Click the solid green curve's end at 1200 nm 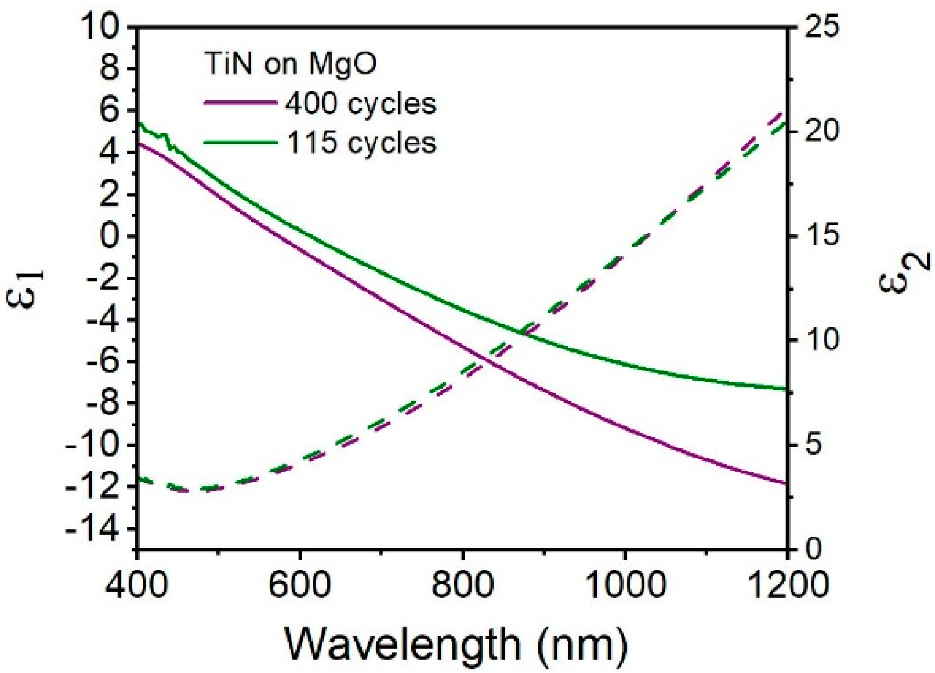click(785, 388)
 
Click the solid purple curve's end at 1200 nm click(785, 483)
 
